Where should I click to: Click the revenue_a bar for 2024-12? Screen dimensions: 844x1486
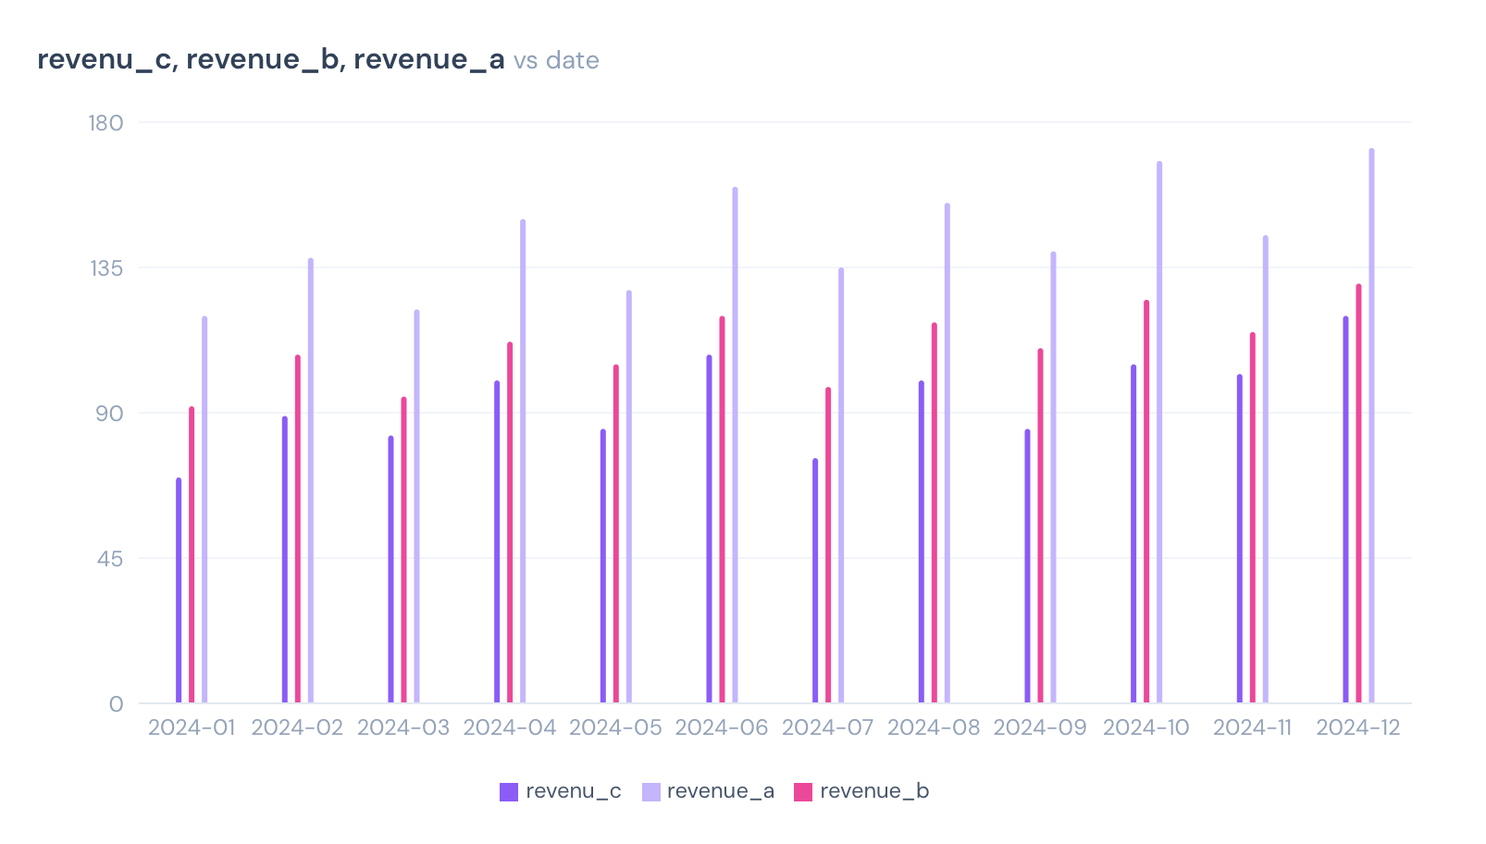[1371, 426]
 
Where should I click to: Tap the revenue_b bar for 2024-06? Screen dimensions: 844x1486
[722, 509]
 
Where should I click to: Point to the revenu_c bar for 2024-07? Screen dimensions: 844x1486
[815, 581]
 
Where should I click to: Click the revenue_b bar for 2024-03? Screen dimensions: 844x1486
[403, 550]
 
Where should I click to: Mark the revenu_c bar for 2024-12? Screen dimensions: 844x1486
[1345, 509]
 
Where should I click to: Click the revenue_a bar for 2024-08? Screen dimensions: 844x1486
[947, 453]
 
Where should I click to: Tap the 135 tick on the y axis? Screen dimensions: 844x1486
[105, 268]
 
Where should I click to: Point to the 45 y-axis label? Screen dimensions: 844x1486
[109, 559]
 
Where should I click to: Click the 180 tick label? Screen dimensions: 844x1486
[105, 123]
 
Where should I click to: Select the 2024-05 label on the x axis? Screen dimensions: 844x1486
[615, 727]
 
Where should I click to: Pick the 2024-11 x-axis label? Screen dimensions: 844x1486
[1252, 727]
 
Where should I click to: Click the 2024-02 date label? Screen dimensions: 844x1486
[297, 727]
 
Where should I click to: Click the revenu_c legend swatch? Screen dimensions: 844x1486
[509, 792]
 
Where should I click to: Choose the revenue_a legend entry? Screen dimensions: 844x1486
[709, 791]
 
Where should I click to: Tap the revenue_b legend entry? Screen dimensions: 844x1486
[861, 791]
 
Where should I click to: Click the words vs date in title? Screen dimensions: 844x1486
[556, 60]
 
